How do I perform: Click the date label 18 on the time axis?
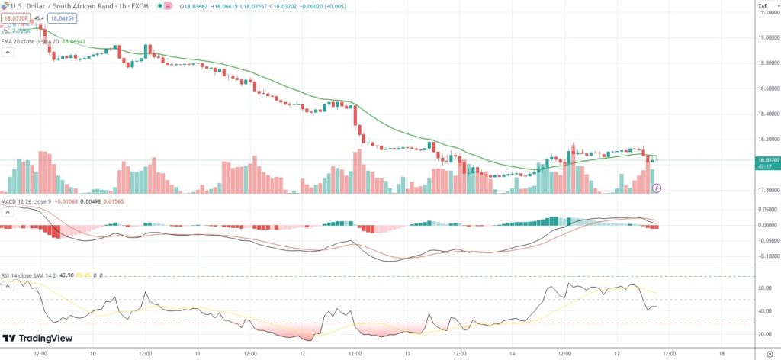point(722,354)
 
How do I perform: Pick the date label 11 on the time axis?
point(198,354)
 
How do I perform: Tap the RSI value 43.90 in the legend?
point(71,275)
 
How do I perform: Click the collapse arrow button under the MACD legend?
point(8,211)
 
